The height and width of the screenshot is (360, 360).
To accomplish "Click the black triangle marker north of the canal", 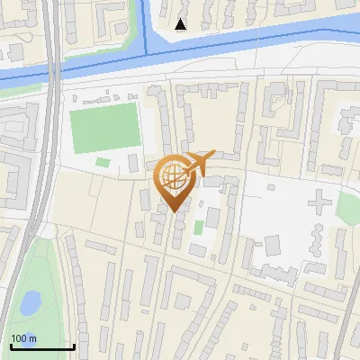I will click(181, 24).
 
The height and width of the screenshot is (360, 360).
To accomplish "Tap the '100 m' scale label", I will click(23, 338).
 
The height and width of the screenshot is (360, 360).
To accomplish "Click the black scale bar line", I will click(41, 346).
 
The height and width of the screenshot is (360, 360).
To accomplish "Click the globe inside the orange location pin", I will click(171, 175).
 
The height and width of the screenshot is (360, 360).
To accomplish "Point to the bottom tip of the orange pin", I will click(173, 211).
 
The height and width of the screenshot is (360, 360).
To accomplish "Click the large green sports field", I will click(106, 128).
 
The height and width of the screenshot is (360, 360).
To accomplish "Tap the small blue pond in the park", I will click(29, 302).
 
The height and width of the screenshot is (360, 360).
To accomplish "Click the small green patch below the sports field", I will click(103, 163).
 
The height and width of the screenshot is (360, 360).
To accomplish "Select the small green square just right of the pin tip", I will click(198, 227).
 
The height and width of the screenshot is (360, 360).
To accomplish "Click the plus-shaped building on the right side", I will click(319, 202).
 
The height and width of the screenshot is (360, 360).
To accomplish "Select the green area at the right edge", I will click(349, 209).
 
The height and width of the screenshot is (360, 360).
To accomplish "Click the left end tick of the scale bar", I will click(10, 346).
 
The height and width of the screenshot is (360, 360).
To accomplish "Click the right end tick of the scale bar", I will click(74, 346).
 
